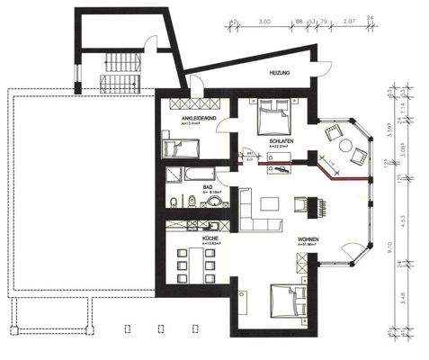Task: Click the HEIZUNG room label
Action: pos(279,72)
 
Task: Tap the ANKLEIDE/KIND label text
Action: pos(195,118)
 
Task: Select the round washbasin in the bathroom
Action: pos(214,202)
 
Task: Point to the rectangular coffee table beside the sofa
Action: pos(270,200)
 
